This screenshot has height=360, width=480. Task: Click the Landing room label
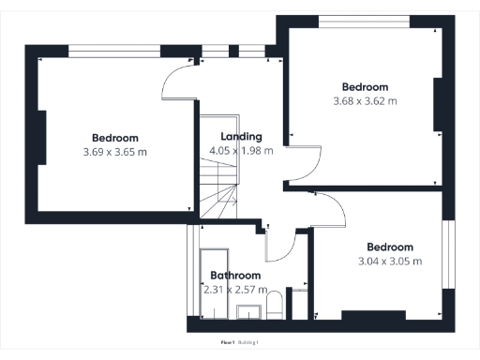point(242,137)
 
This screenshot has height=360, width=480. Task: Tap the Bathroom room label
point(235,276)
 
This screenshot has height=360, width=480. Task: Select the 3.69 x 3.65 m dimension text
point(114,152)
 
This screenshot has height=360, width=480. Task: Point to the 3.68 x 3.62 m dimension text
point(365,100)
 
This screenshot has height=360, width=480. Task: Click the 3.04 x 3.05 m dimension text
point(390,261)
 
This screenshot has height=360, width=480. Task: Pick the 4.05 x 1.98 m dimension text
point(242,150)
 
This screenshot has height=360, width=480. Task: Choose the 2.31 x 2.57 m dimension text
point(235,289)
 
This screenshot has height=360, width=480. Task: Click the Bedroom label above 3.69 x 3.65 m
point(114,139)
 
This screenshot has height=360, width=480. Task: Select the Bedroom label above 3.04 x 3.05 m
point(390,247)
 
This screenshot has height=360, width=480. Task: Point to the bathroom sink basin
point(250,310)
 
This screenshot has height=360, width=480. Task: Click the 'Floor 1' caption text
point(226,342)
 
